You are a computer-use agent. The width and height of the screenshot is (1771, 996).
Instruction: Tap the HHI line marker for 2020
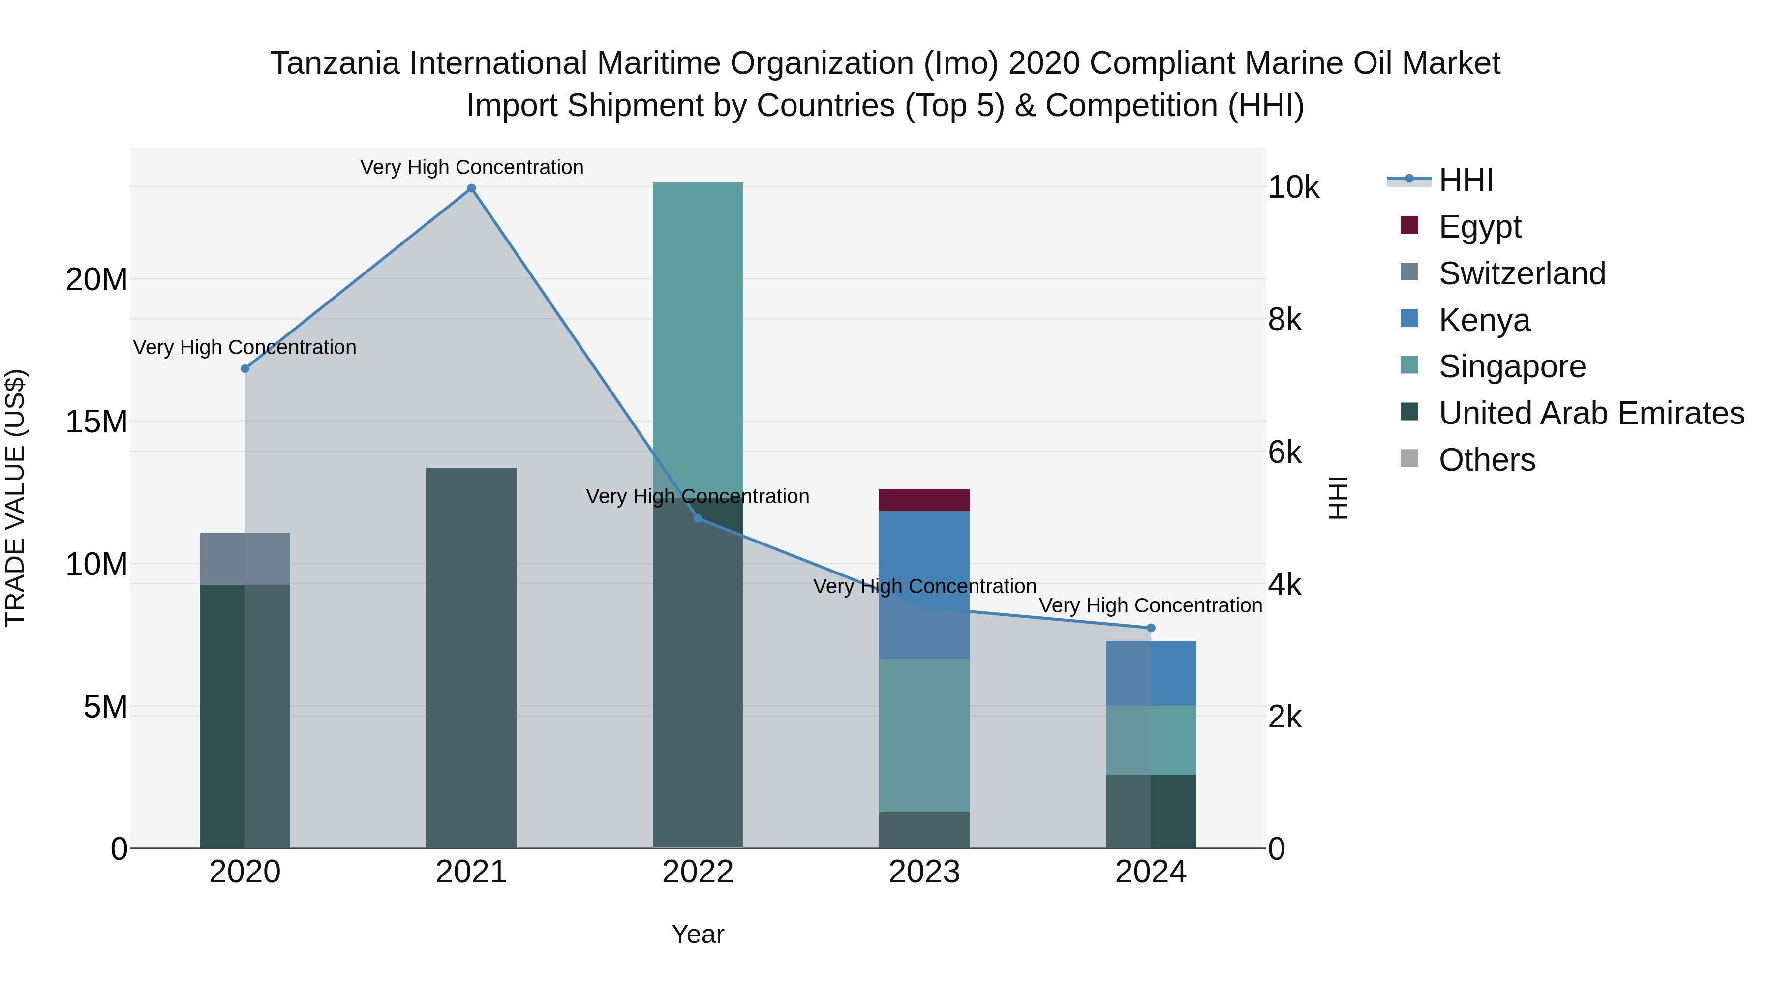pyautogui.click(x=245, y=368)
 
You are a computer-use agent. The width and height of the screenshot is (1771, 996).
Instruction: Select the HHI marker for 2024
pyautogui.click(x=1151, y=628)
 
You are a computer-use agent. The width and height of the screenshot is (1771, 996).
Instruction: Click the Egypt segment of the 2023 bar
pyautogui.click(x=924, y=500)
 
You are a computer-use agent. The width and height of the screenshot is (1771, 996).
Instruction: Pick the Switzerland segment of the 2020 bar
pyautogui.click(x=245, y=559)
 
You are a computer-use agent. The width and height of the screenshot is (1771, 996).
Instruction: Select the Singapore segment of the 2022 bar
pyautogui.click(x=698, y=337)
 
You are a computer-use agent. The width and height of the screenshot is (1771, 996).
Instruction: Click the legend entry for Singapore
pyautogui.click(x=1511, y=366)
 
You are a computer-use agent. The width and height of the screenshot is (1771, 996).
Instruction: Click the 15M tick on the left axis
pyautogui.click(x=96, y=422)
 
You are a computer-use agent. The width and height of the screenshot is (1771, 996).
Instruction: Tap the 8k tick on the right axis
pyautogui.click(x=1284, y=320)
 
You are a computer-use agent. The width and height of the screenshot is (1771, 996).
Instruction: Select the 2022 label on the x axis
pyautogui.click(x=698, y=872)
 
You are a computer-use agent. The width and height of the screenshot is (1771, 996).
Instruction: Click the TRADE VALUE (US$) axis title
pyautogui.click(x=15, y=498)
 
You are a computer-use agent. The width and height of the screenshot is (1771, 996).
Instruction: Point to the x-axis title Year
pyautogui.click(x=698, y=934)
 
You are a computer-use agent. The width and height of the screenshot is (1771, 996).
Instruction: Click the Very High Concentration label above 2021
pyautogui.click(x=472, y=167)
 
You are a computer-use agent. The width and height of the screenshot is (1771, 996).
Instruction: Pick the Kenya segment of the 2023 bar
pyautogui.click(x=924, y=584)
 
